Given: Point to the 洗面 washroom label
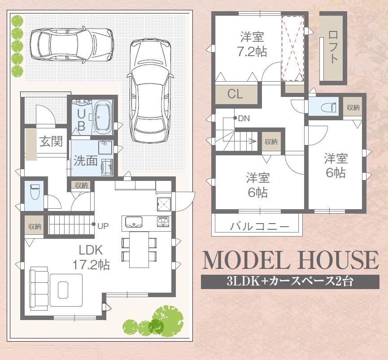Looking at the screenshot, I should (x=85, y=161).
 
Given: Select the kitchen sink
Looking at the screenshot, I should (x=133, y=222).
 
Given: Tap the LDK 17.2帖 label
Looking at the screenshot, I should (x=91, y=257).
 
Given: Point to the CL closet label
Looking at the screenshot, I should (x=235, y=94).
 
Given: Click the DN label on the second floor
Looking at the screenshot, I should (x=244, y=119).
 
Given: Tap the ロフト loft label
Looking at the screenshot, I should (x=332, y=46).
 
